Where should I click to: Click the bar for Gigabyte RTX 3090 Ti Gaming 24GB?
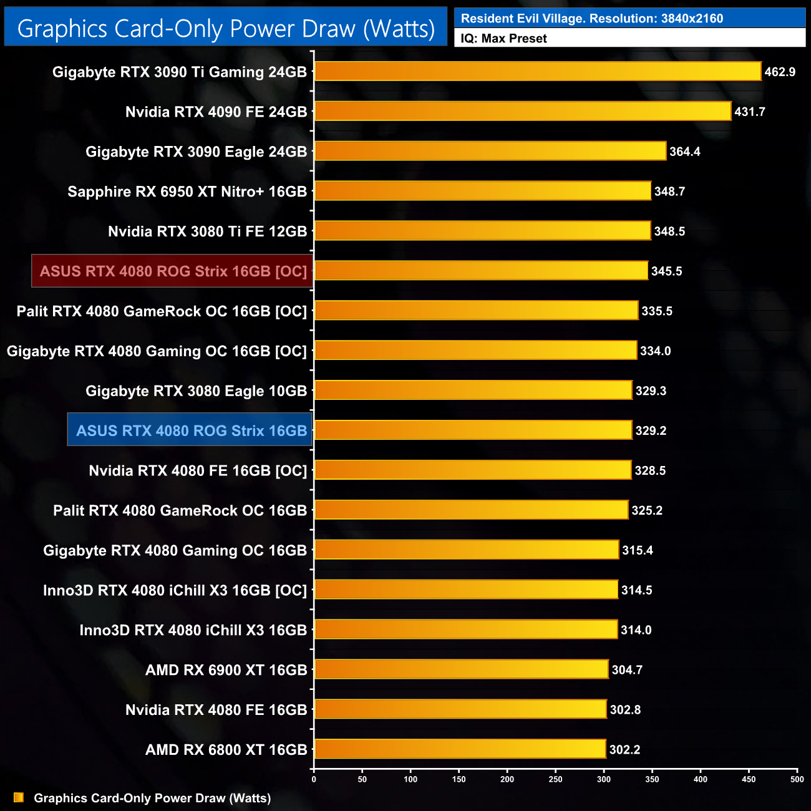[x=538, y=71]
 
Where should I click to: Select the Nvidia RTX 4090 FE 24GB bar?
[x=523, y=111]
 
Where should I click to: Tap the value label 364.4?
[x=684, y=152]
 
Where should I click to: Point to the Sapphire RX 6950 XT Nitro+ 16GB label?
[x=187, y=192]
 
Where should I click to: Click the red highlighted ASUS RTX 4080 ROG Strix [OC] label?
[x=173, y=271]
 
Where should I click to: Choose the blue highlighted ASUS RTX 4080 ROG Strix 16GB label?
[x=191, y=430]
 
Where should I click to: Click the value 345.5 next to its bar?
[x=666, y=271]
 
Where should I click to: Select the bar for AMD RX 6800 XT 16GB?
[x=460, y=749]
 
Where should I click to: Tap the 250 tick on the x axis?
[x=555, y=779]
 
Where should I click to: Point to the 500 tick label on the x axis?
[x=797, y=779]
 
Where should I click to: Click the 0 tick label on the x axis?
[x=314, y=779]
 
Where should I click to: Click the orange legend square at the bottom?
[x=19, y=797]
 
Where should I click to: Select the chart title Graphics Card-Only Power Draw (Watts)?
[x=226, y=29]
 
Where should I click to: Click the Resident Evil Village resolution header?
[x=591, y=18]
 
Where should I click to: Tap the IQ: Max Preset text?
[x=503, y=39]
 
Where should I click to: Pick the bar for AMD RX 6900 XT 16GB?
[x=461, y=669]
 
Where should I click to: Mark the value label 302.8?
[x=625, y=710]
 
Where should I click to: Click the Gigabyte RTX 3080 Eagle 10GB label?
[x=196, y=391]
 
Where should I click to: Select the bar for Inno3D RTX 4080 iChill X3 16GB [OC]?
[x=466, y=590]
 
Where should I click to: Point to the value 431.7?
[x=749, y=112]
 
